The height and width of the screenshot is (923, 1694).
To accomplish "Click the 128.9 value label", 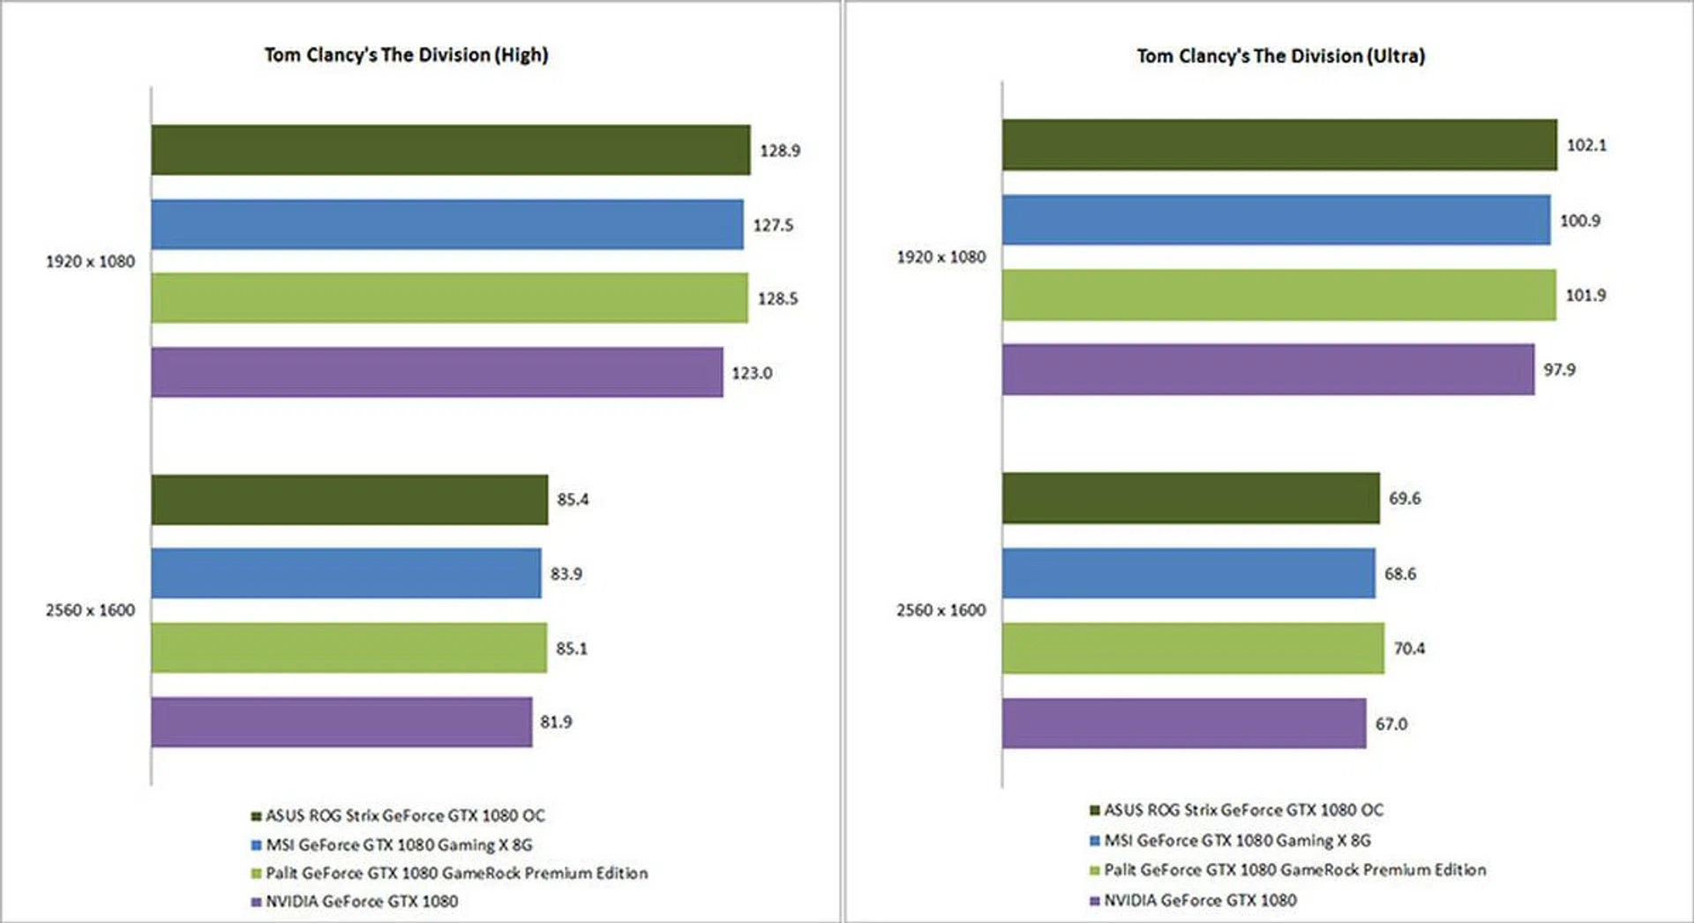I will point(780,151).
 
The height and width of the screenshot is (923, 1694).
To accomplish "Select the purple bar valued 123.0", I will point(437,372).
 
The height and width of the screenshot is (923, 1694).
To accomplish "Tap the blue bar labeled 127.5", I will point(446,225).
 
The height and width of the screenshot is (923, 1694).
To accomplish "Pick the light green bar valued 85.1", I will point(349,648).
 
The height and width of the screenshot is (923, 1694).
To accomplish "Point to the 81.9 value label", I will point(556,722).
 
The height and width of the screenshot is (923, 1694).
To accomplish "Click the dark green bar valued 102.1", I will point(1279,145).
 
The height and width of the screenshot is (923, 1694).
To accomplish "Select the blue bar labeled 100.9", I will point(1276,220).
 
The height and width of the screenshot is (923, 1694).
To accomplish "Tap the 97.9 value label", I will point(1559,370).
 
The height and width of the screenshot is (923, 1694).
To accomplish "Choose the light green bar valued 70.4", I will point(1193,648).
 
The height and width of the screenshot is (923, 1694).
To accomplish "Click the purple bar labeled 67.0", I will point(1184,724).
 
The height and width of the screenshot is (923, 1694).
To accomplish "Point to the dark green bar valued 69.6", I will point(1190,499).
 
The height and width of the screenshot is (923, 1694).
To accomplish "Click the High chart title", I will point(406,55).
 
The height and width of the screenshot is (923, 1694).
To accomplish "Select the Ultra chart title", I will point(1280,56).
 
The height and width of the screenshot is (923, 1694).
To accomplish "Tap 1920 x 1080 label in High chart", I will point(90,262).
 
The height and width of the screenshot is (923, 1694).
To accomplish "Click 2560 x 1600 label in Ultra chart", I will point(941,611).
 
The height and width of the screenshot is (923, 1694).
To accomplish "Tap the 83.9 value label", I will point(566,574).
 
